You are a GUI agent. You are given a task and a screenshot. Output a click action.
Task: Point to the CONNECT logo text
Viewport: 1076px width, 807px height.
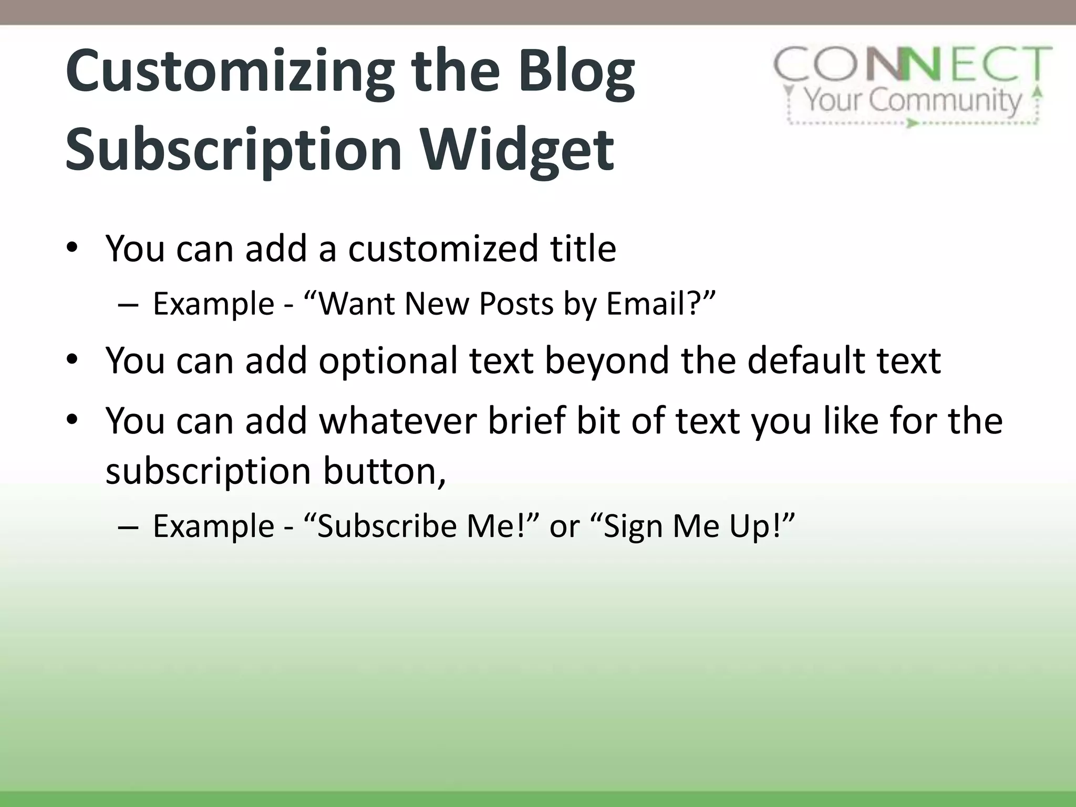pos(913,64)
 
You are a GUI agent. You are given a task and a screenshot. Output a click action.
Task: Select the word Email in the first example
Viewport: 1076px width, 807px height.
pos(647,304)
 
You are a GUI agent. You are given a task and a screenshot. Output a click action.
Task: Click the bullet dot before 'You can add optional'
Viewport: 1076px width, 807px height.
pos(72,360)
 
